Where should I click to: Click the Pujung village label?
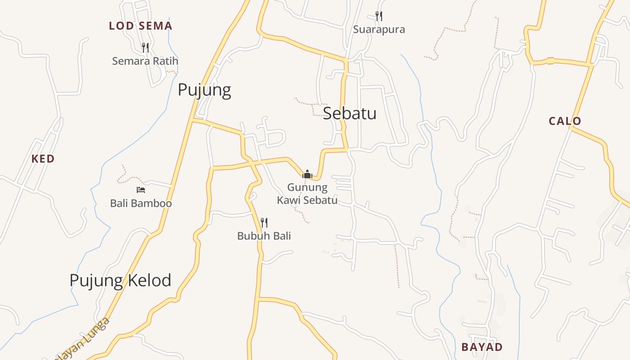(x=204, y=90)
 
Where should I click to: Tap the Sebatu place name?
(x=350, y=113)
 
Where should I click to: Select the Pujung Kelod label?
(x=120, y=280)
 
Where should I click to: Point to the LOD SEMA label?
(x=140, y=26)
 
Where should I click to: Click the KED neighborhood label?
(x=43, y=158)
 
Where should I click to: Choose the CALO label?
(x=565, y=121)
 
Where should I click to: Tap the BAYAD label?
(x=482, y=347)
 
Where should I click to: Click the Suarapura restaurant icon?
(x=379, y=17)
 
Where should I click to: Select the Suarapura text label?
(x=379, y=30)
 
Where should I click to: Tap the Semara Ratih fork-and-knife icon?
(x=145, y=47)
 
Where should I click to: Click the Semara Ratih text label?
(x=145, y=61)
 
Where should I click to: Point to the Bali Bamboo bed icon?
(x=141, y=190)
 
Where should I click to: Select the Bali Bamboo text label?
(x=141, y=203)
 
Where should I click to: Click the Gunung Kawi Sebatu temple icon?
(x=307, y=174)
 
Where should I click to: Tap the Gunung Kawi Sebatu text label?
(x=307, y=193)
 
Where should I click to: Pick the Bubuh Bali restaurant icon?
(x=264, y=222)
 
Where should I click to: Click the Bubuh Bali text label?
(x=264, y=236)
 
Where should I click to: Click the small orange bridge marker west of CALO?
(x=550, y=61)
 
